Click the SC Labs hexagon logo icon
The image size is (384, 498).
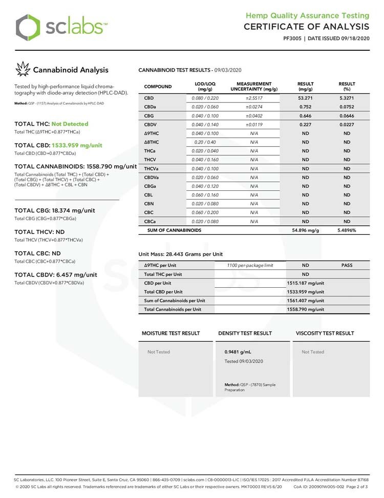(x=27, y=27)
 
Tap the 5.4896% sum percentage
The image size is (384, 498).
(x=347, y=230)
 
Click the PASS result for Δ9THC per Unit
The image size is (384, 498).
(x=347, y=265)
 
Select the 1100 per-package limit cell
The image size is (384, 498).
(x=250, y=265)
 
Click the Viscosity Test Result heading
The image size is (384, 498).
(x=325, y=333)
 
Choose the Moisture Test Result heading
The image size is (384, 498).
(x=170, y=333)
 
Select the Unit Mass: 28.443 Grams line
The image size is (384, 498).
(x=181, y=254)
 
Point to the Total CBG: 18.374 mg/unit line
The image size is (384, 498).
(x=55, y=210)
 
